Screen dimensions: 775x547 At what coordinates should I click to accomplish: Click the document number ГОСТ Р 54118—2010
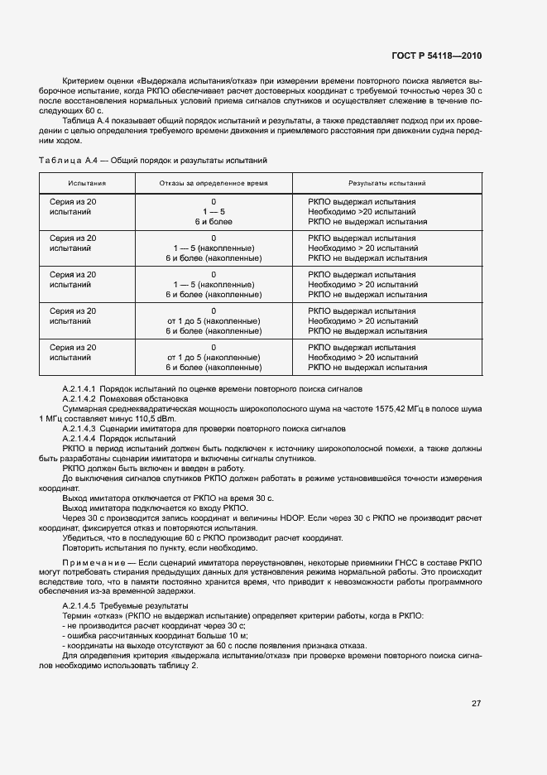[x=437, y=55]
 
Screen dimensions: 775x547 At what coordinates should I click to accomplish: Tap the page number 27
[x=477, y=704]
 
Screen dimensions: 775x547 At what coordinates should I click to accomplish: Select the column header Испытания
[x=87, y=182]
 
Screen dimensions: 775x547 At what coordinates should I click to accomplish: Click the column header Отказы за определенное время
[x=214, y=182]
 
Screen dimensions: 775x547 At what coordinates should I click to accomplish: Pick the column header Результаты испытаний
[x=387, y=182]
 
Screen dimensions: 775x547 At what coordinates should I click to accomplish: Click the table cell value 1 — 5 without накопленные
[x=214, y=212]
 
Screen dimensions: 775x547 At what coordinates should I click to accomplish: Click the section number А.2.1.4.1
[x=80, y=389]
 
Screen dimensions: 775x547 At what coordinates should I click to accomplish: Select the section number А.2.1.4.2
[x=80, y=399]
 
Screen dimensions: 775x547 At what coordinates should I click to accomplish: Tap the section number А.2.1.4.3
[x=80, y=429]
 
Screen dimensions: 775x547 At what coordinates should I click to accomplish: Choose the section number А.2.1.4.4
[x=80, y=439]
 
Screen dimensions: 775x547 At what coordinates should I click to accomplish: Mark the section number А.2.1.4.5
[x=80, y=607]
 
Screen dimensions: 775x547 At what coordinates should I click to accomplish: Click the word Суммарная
[x=85, y=409]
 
